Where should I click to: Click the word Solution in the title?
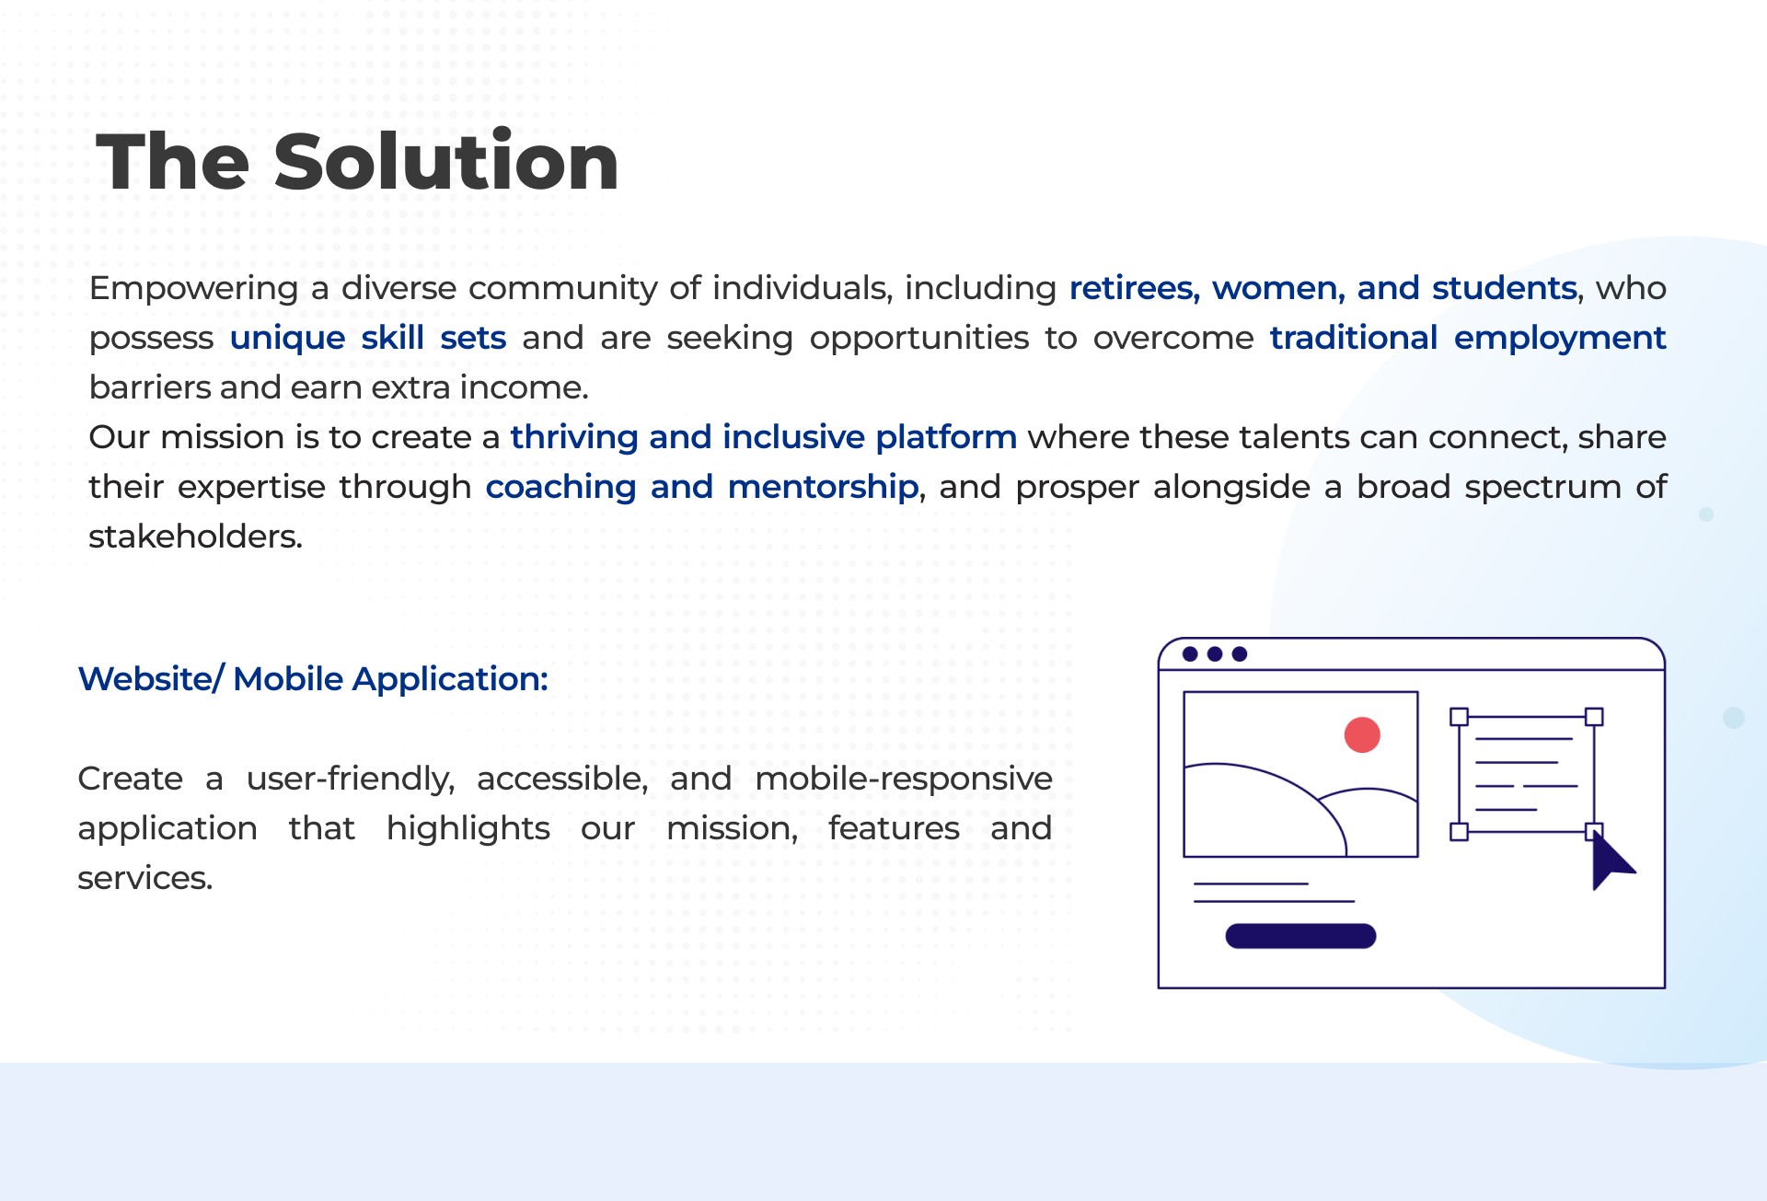(x=446, y=161)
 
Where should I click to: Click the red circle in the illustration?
(x=1362, y=734)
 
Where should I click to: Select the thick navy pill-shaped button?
(x=1300, y=936)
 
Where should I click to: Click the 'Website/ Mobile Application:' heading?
(x=313, y=678)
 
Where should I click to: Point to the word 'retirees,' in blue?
(x=1135, y=288)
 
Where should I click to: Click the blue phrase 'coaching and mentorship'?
(x=701, y=486)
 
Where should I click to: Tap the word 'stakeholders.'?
(x=195, y=536)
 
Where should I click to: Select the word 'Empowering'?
(x=194, y=289)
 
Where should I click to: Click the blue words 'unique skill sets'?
(x=368, y=338)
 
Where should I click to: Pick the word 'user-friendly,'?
(x=351, y=779)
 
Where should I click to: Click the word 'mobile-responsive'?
(x=904, y=779)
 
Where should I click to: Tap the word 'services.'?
(x=145, y=878)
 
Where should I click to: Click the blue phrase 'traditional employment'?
(x=1468, y=338)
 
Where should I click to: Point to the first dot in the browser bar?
(x=1190, y=653)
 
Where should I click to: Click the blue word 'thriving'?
(x=574, y=437)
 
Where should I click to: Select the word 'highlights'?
(x=468, y=828)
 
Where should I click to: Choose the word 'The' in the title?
(x=173, y=161)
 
